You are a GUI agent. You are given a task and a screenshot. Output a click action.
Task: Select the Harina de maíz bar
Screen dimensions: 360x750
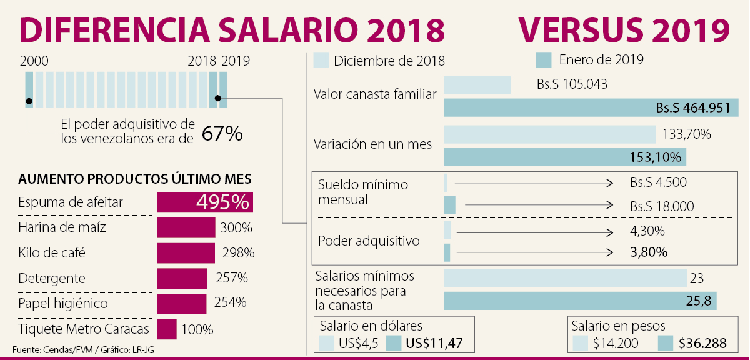pyautogui.click(x=186, y=227)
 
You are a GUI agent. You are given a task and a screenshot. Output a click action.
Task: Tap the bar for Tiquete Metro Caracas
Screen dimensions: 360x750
pyautogui.click(x=167, y=329)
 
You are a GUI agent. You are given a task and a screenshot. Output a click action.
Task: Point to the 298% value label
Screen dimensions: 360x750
pyautogui.click(x=238, y=253)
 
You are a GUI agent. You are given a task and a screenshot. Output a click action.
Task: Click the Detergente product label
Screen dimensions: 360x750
pyautogui.click(x=52, y=278)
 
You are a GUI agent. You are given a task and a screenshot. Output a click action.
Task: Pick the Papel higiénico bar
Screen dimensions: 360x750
pyautogui.click(x=182, y=304)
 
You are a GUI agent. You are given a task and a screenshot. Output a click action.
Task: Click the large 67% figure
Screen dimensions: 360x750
pyautogui.click(x=222, y=134)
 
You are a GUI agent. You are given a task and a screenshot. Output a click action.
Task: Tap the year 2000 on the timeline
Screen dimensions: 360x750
pyautogui.click(x=34, y=61)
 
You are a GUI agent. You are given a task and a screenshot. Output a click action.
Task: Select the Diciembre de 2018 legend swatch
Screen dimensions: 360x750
pyautogui.click(x=321, y=61)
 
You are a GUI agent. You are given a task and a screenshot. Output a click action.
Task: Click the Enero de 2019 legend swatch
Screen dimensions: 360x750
pyautogui.click(x=544, y=60)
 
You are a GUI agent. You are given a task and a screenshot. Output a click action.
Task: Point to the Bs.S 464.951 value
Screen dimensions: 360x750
pyautogui.click(x=693, y=107)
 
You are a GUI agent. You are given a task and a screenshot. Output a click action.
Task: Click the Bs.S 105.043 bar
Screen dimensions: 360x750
pyautogui.click(x=477, y=85)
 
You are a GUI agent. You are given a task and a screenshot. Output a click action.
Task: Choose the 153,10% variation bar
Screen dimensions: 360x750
pyautogui.click(x=564, y=156)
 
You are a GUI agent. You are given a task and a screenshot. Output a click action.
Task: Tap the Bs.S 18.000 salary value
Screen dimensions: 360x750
pyautogui.click(x=662, y=206)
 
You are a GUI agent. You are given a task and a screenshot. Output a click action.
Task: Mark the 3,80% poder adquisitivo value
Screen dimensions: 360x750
pyautogui.click(x=649, y=252)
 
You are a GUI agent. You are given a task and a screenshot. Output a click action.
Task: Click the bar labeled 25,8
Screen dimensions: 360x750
pyautogui.click(x=579, y=301)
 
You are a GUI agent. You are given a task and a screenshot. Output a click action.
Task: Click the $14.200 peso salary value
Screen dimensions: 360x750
pyautogui.click(x=616, y=342)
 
